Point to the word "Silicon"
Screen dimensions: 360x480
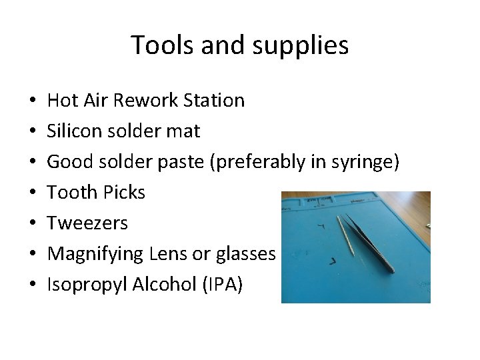click(71, 131)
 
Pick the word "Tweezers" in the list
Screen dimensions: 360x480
click(87, 223)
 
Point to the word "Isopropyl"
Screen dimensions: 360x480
click(88, 285)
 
